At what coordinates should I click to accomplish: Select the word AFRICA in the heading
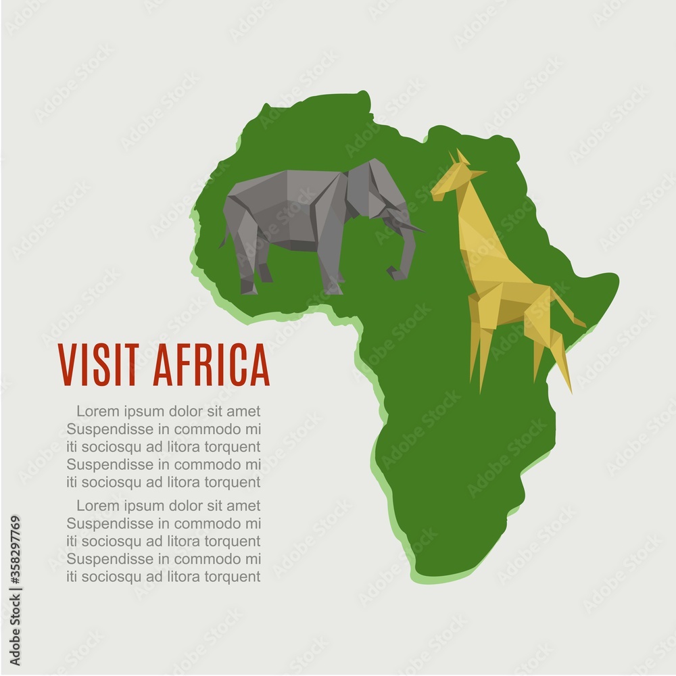(x=211, y=364)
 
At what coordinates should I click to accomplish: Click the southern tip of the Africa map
(x=439, y=571)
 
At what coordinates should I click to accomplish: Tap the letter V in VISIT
(x=66, y=364)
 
